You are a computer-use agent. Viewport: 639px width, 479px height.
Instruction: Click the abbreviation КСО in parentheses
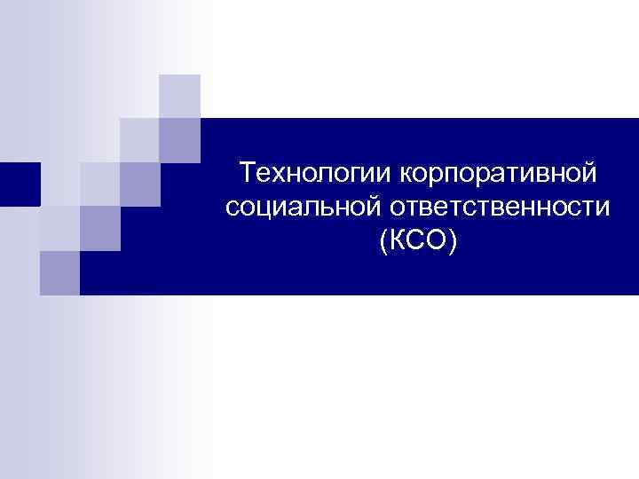[416, 241]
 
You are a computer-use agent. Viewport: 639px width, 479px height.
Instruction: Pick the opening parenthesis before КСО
[382, 242]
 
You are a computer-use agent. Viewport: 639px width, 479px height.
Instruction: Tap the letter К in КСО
[395, 241]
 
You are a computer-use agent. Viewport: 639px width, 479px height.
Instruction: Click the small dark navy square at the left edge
[20, 185]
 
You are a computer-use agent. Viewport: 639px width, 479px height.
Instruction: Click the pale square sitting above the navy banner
[180, 96]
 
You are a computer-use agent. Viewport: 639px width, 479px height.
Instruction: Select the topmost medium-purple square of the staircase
[180, 140]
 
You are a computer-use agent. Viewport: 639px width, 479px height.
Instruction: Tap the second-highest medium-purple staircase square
[139, 185]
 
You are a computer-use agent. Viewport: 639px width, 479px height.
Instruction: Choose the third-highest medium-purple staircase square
[99, 229]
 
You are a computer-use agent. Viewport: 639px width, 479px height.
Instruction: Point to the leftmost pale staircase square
[59, 229]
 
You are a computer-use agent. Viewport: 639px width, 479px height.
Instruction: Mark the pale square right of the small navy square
[59, 185]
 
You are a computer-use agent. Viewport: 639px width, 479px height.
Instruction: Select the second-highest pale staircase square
[139, 140]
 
